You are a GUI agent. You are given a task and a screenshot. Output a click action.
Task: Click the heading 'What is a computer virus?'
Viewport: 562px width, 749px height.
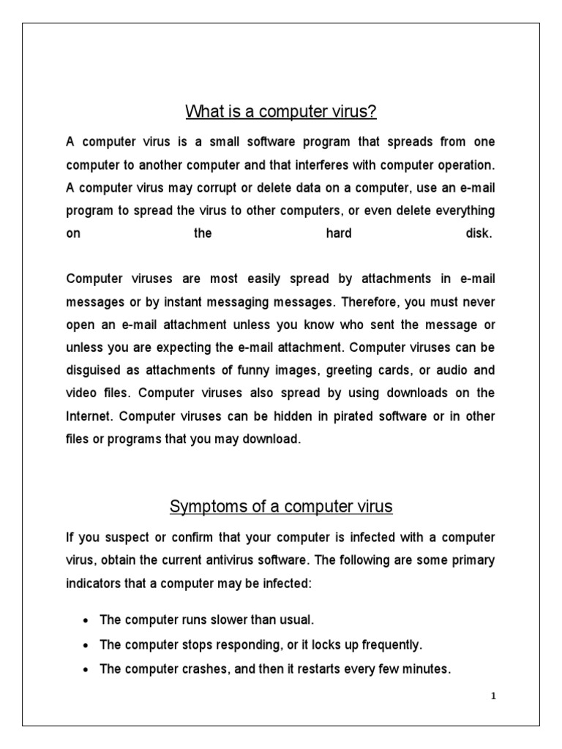281,112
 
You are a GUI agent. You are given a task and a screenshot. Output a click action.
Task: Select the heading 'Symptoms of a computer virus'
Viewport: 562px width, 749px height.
281,506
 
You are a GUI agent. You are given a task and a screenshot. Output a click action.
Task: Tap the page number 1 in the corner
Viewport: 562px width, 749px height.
493,696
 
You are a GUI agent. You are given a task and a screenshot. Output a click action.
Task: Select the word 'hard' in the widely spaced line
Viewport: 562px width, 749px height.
338,234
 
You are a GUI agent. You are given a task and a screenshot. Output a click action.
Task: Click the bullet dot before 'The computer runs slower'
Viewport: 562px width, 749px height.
86,621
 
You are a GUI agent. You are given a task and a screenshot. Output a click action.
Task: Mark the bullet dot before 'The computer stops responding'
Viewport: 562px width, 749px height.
86,646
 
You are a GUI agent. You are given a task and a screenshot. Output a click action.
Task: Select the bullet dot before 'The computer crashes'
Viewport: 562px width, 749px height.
86,669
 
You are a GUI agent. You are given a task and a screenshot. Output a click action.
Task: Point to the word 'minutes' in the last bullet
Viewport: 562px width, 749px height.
428,669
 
